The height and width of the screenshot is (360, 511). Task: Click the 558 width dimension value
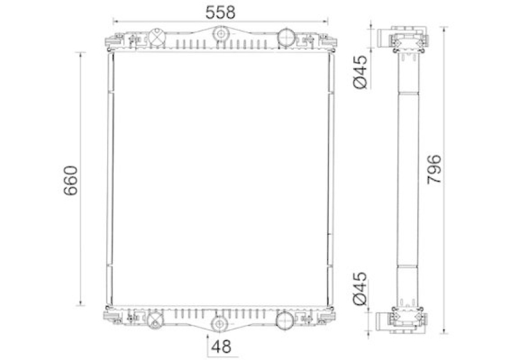tap(220, 12)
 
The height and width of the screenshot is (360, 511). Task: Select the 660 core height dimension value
tap(71, 181)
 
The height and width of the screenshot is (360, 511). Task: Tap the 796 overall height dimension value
tap(434, 169)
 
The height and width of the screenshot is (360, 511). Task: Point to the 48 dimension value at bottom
tap(221, 347)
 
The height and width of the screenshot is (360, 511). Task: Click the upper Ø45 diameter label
tap(360, 72)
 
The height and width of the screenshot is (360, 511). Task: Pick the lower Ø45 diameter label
tap(360, 289)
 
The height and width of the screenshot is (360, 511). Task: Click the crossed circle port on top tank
tap(157, 37)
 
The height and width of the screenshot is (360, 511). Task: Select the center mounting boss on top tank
tap(220, 34)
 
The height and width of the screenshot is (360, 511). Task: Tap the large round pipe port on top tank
tap(286, 37)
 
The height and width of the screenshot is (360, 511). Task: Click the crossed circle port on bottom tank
tap(155, 319)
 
